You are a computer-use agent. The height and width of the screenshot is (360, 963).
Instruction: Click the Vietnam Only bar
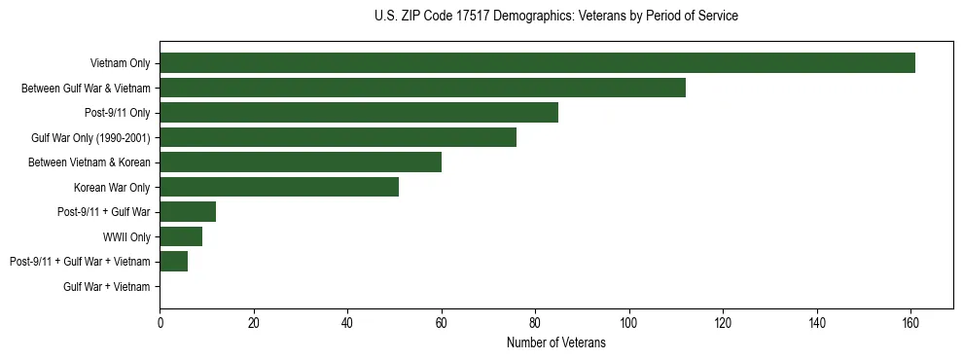537,63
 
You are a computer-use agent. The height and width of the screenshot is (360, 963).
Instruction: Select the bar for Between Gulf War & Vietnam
422,88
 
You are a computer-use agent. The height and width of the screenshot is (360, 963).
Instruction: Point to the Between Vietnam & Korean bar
301,162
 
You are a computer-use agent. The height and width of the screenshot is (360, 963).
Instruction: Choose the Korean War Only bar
279,187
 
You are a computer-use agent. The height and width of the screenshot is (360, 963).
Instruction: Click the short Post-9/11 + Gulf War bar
188,212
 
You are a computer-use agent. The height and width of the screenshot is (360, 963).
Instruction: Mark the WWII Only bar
181,236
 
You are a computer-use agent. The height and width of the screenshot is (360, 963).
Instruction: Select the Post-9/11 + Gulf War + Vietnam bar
173,262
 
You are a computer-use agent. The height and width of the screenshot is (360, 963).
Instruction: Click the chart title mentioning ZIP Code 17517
555,17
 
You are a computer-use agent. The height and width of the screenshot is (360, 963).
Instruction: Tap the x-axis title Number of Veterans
555,342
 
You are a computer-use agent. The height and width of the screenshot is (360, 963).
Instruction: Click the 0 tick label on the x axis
160,323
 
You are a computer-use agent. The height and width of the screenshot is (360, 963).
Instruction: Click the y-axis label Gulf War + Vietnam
107,287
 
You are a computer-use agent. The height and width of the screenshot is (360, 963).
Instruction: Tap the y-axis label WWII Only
126,236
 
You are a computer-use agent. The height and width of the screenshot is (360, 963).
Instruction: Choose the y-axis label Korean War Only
112,187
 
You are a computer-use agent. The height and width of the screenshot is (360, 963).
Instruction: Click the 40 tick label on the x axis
347,323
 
